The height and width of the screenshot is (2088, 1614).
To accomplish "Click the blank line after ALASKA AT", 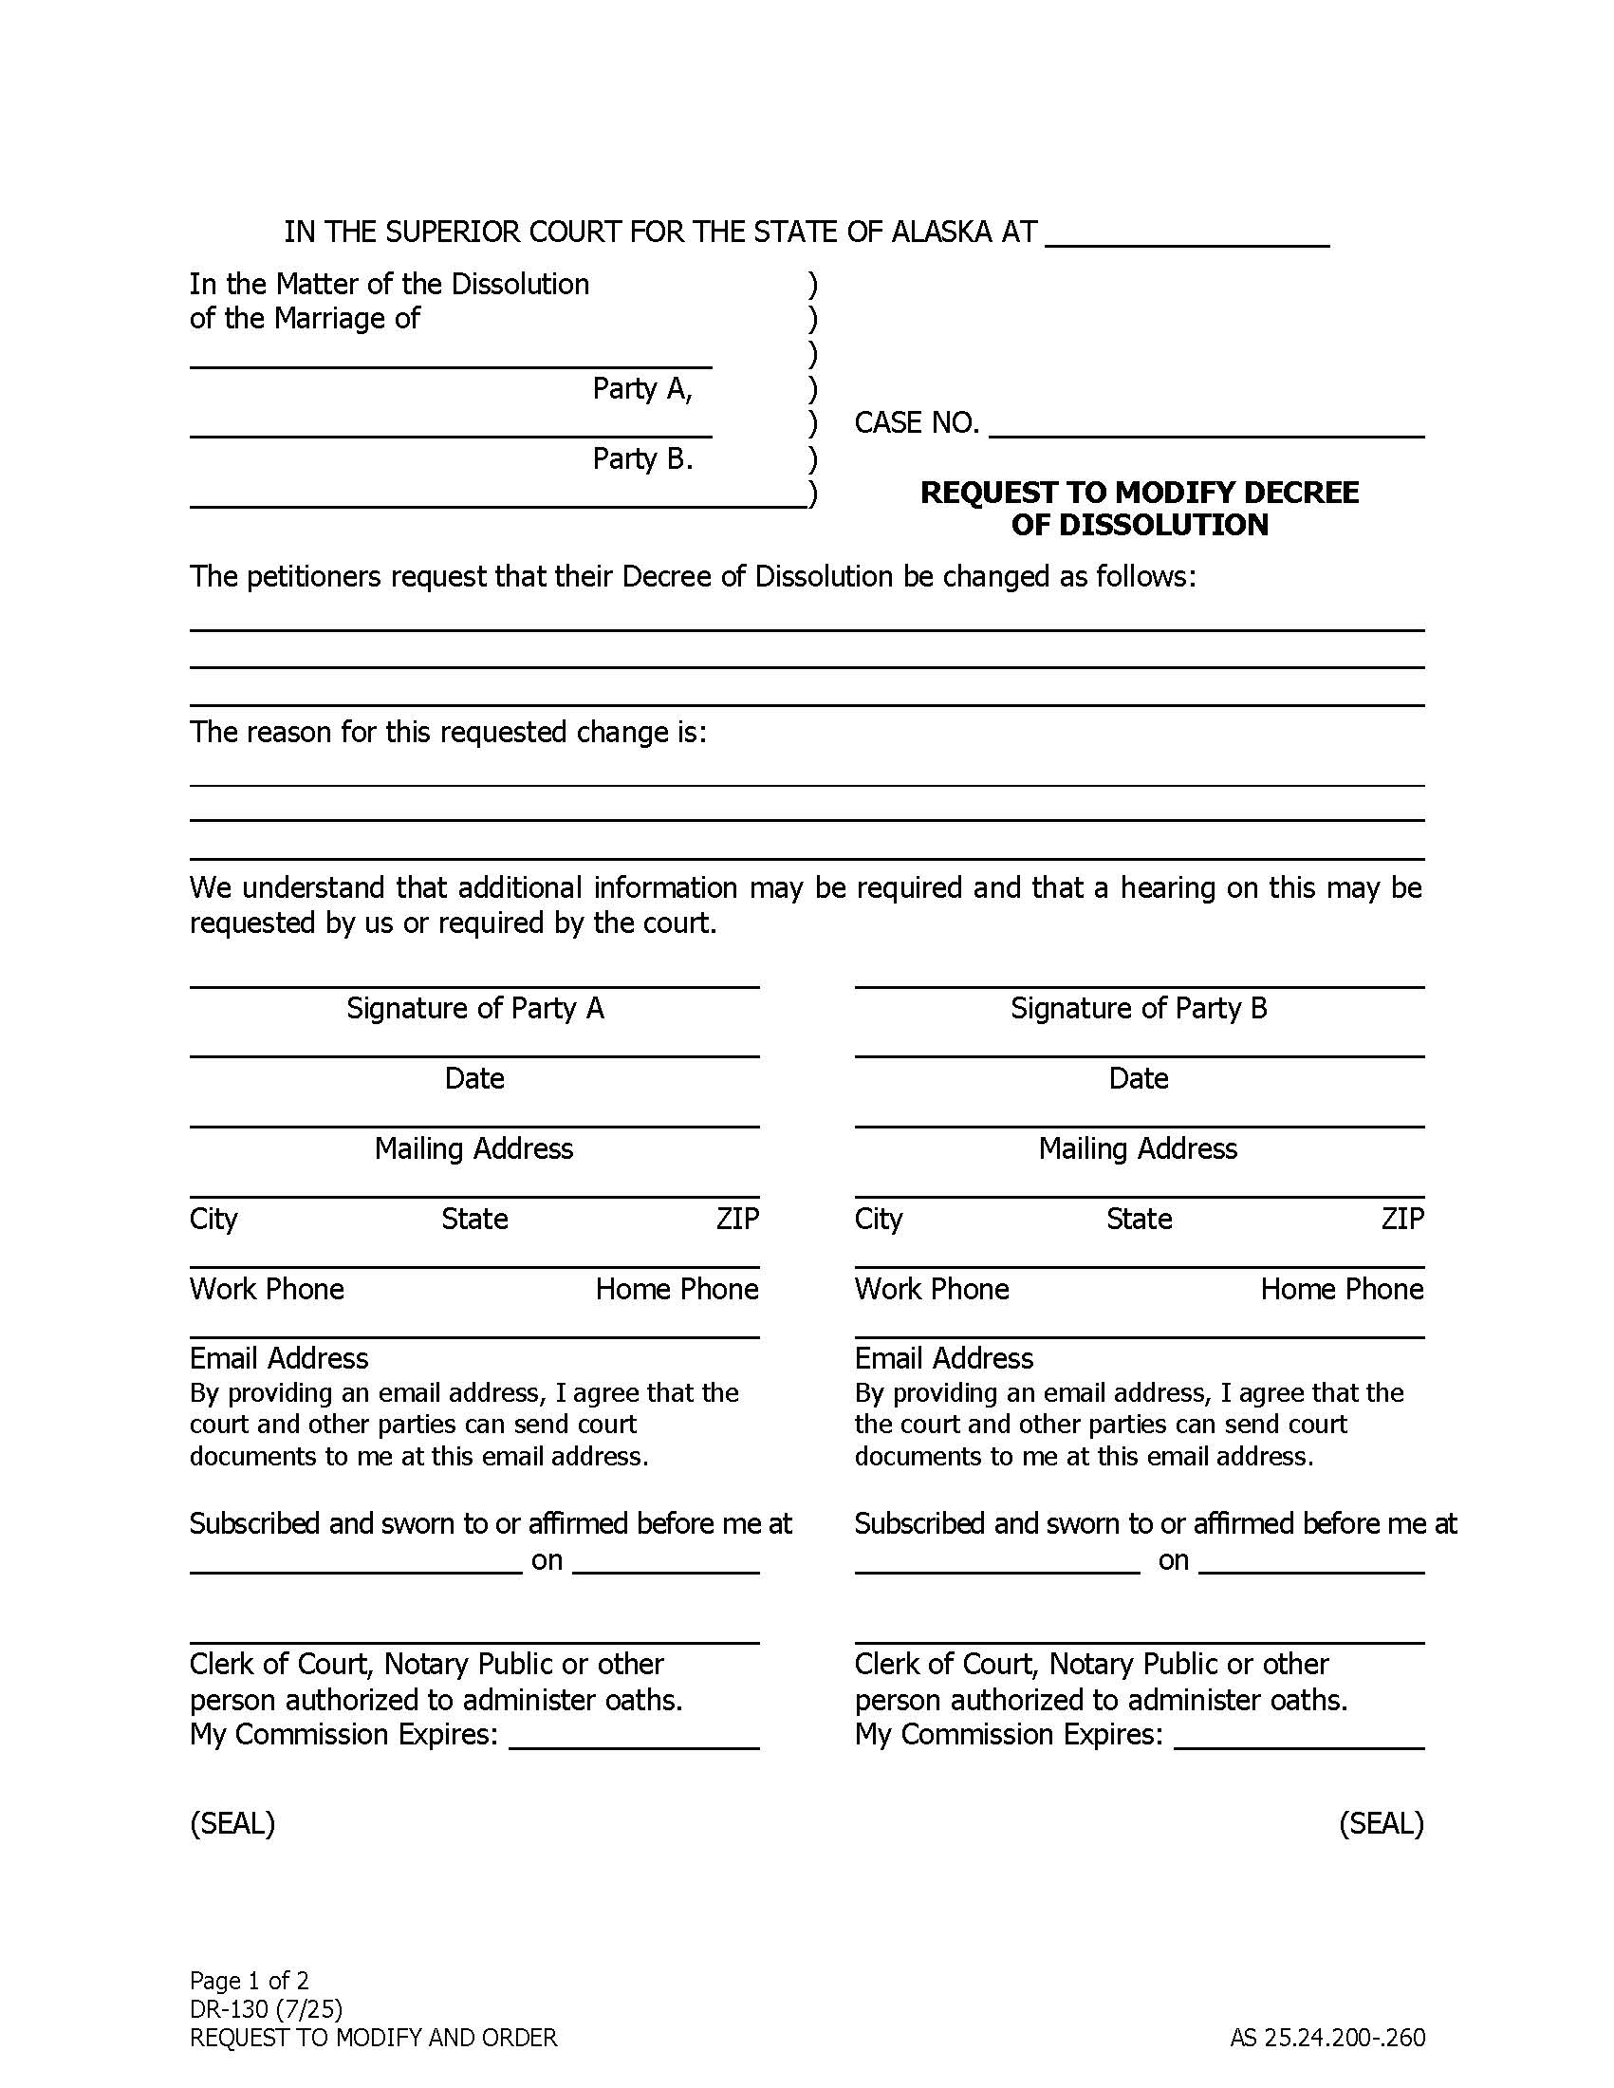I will (1187, 236).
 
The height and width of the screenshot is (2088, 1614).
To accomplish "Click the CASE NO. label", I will (917, 422).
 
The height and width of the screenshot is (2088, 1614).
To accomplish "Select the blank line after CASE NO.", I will (1206, 427).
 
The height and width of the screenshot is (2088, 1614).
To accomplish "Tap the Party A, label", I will (642, 388).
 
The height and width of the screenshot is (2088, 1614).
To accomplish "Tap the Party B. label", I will (642, 459).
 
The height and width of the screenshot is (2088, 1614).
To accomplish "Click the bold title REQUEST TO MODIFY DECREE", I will (1138, 493).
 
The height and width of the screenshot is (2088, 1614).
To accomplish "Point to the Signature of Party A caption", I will (475, 1008).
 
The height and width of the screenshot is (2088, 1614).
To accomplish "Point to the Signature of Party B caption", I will (1138, 1008).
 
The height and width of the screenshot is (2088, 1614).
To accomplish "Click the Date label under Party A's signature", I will (474, 1078).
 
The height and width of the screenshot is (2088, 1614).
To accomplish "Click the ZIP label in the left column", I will (736, 1219).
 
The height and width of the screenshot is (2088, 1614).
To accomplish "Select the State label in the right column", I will (1138, 1219).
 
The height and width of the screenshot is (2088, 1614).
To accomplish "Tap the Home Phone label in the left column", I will (677, 1289).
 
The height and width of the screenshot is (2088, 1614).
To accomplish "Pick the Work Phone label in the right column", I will (932, 1289).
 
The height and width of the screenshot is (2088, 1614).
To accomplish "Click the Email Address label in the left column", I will (278, 1358).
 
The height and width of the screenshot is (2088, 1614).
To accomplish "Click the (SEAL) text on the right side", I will (1381, 1823).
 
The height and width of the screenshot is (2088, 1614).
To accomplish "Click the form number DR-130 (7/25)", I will (266, 2007).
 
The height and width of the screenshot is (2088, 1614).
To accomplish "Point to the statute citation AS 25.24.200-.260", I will (1327, 2038).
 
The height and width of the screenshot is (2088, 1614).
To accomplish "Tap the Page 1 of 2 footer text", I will (249, 1980).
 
